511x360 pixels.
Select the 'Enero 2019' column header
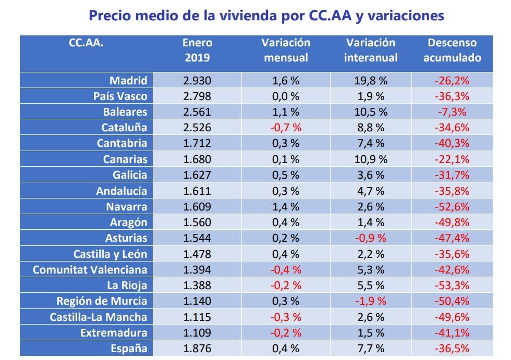click(197, 50)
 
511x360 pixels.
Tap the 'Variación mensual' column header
click(286, 50)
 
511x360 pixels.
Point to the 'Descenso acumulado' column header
click(452, 50)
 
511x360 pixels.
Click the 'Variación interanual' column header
click(371, 50)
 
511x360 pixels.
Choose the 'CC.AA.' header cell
click(86, 43)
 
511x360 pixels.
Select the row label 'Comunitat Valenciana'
click(90, 270)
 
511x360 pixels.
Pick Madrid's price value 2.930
click(197, 81)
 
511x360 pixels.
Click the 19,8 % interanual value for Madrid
click(371, 81)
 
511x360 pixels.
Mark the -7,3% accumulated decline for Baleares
click(452, 112)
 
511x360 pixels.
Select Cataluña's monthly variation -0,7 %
click(286, 128)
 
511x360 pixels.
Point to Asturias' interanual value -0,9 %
click(371, 238)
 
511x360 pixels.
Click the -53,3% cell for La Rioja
click(452, 285)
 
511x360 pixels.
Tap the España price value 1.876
click(197, 349)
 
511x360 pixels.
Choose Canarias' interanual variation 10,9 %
click(371, 159)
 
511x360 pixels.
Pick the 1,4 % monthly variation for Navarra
click(286, 207)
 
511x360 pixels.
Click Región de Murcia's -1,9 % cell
click(371, 301)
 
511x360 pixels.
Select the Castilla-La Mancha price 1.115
click(197, 317)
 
